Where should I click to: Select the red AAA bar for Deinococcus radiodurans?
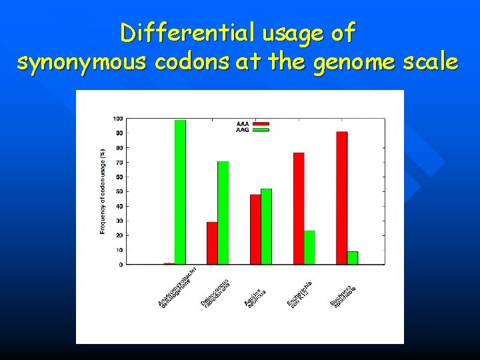212,243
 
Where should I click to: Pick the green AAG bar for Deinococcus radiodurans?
223,213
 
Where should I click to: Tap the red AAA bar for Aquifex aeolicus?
255,229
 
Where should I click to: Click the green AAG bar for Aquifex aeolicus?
267,227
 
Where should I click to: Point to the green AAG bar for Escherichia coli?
310,247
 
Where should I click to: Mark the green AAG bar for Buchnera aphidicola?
353,258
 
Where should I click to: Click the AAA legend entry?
253,124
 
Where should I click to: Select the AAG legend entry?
253,130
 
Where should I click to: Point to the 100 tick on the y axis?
117,119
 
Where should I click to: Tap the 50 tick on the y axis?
119,191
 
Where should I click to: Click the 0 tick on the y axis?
121,265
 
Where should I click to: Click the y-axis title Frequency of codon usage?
103,191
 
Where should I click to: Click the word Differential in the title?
175,31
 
